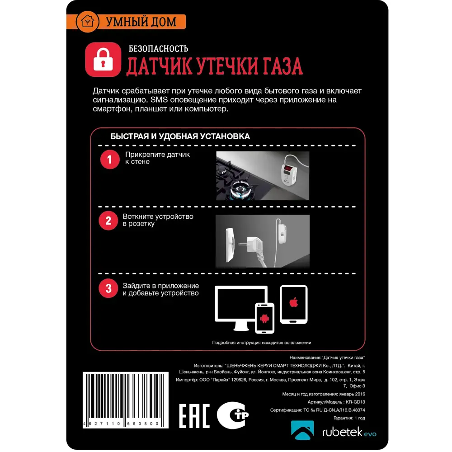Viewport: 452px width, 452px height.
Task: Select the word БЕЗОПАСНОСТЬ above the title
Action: (158, 48)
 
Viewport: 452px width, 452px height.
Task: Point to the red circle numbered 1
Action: (108, 160)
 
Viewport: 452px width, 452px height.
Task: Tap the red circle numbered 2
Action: (108, 221)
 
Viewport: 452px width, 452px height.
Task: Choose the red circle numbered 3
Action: (108, 289)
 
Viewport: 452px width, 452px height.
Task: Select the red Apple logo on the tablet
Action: (293, 303)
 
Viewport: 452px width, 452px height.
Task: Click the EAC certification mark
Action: (194, 414)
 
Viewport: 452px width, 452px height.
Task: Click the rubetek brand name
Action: (341, 433)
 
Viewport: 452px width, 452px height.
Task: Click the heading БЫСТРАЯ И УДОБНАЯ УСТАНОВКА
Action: (180, 136)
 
